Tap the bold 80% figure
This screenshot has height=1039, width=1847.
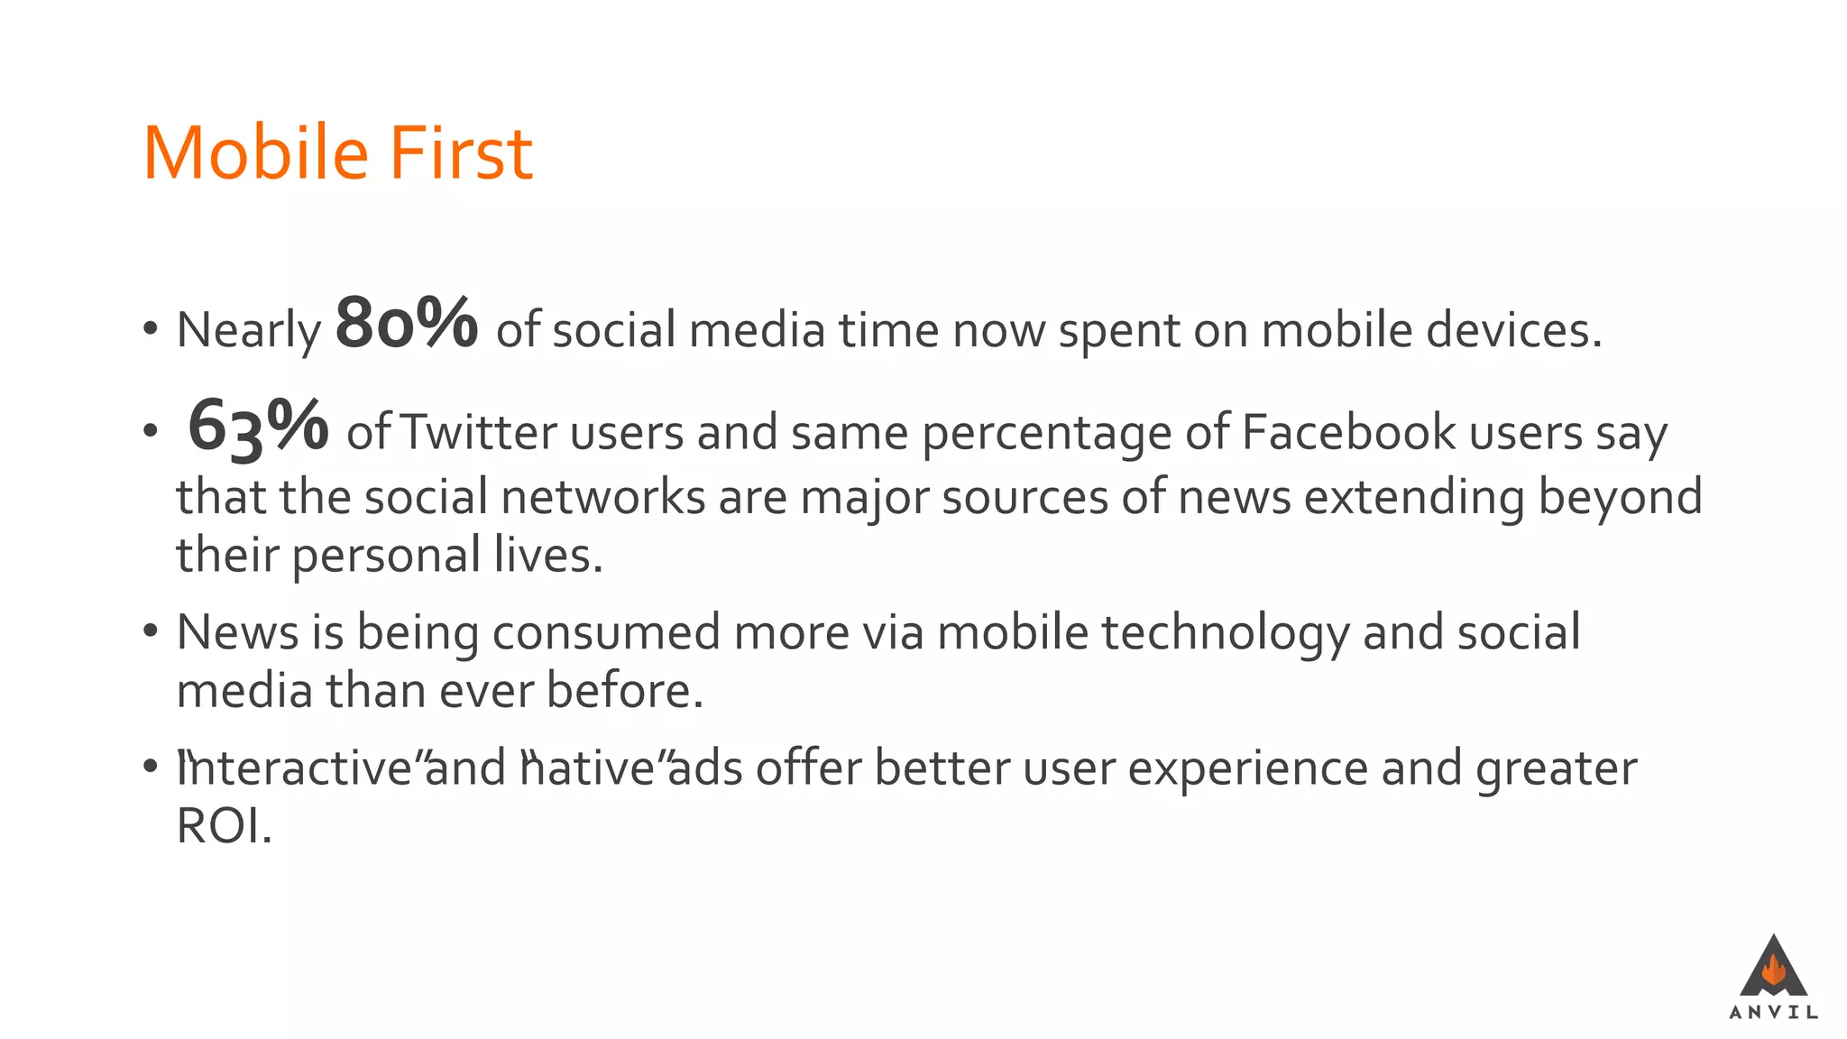(x=406, y=323)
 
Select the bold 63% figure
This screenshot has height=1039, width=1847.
(x=258, y=426)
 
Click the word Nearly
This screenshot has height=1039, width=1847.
(x=249, y=330)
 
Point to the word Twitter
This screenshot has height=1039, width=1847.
(x=478, y=432)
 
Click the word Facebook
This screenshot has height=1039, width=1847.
(x=1349, y=432)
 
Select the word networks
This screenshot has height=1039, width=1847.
(x=602, y=497)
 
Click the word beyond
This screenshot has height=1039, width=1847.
(x=1620, y=497)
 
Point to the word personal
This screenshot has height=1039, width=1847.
(x=386, y=555)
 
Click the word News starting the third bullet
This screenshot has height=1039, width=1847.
(x=237, y=631)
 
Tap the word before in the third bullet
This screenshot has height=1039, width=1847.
(x=624, y=691)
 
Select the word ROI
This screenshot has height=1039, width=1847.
(x=223, y=826)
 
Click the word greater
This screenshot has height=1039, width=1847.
(x=1557, y=769)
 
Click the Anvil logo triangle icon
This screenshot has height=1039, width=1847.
(x=1773, y=967)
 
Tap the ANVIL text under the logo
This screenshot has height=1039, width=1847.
(x=1773, y=1013)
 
